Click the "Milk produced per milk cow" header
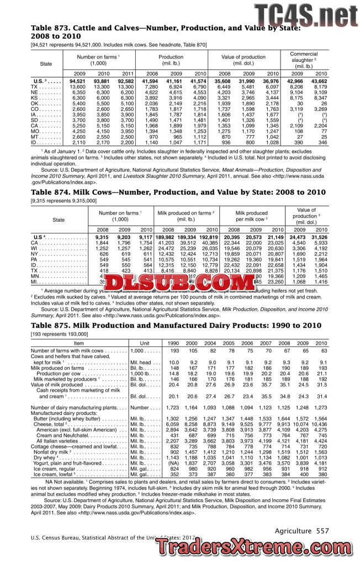point(251,216)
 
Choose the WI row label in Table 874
point(36,248)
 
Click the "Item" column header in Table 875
point(78,343)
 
